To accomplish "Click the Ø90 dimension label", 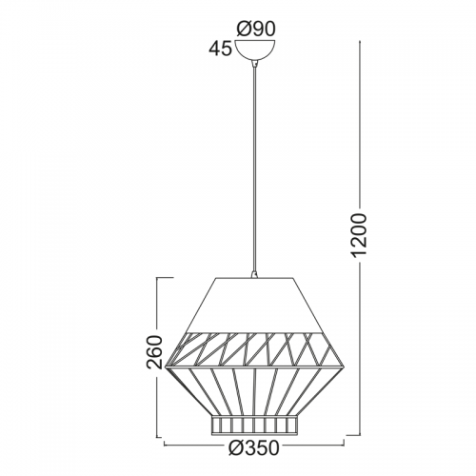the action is (x=255, y=30).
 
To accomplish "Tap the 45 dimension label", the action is (x=220, y=49).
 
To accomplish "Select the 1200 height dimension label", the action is (x=360, y=234).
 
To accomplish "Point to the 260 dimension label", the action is (x=154, y=352).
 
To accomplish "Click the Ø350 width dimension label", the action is (x=254, y=448).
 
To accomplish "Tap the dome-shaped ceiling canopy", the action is (x=255, y=50).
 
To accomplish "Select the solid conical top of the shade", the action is (x=253, y=306).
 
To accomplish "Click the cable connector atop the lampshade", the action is (x=253, y=274).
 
